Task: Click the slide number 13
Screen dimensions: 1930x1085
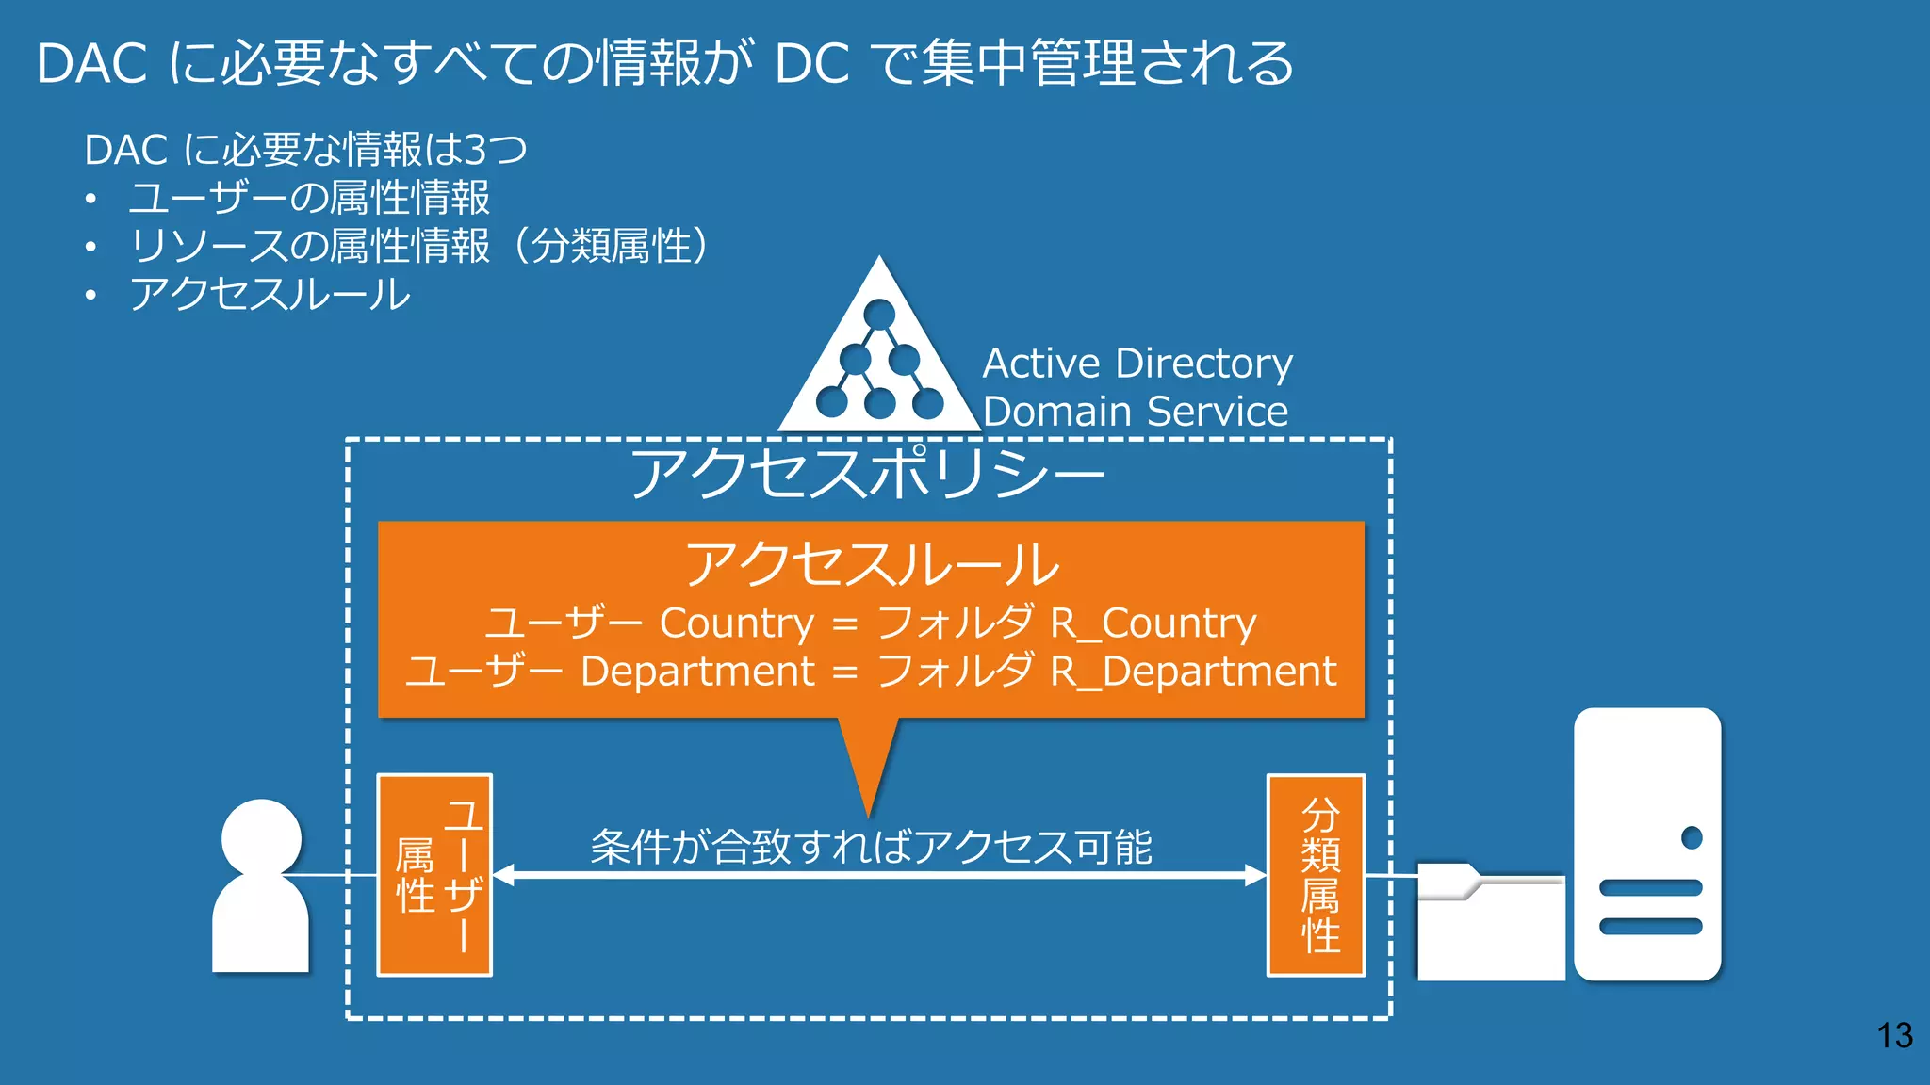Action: (1893, 1035)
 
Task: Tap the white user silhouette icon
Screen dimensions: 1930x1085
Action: (261, 885)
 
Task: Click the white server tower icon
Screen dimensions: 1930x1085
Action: (1647, 844)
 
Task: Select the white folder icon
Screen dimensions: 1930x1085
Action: (1490, 923)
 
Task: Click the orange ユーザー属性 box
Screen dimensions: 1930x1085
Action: (434, 875)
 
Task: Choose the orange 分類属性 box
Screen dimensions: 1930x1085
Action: (1317, 875)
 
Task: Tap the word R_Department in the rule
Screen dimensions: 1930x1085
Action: (1193, 672)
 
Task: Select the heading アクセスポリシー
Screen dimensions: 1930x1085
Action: (867, 473)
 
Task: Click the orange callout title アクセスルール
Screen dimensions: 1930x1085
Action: (872, 564)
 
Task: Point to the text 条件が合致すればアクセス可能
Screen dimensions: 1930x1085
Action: (871, 846)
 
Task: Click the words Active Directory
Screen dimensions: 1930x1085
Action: (1137, 364)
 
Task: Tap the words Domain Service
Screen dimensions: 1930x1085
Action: (1135, 412)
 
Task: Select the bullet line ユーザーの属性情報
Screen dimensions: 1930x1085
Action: (309, 198)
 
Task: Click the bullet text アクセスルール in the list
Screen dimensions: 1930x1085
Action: (270, 295)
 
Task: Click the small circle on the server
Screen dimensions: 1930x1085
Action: (1692, 837)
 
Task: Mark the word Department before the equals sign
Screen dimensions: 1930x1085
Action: (697, 672)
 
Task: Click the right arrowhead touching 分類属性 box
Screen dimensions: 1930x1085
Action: (1255, 875)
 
